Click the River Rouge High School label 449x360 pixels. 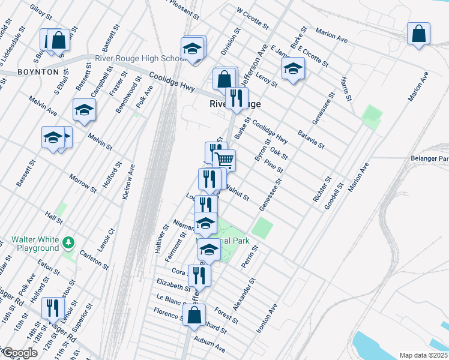point(140,58)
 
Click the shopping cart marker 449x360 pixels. point(224,160)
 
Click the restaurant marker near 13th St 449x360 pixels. point(53,308)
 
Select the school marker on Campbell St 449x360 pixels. point(84,109)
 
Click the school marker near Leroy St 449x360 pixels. point(293,69)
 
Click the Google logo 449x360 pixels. point(20,353)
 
